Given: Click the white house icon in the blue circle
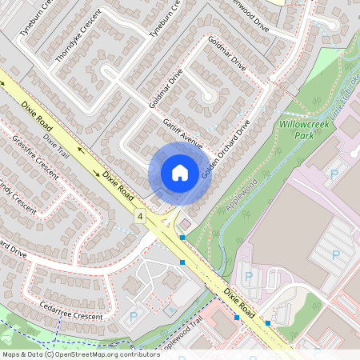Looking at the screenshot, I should tap(179, 173).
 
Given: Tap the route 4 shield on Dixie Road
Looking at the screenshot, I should tap(140, 216).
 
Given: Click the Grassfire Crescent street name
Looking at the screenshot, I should tap(35, 157).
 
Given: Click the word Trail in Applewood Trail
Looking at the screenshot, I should tap(192, 326).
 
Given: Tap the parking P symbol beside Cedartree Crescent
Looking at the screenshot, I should tap(133, 317).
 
